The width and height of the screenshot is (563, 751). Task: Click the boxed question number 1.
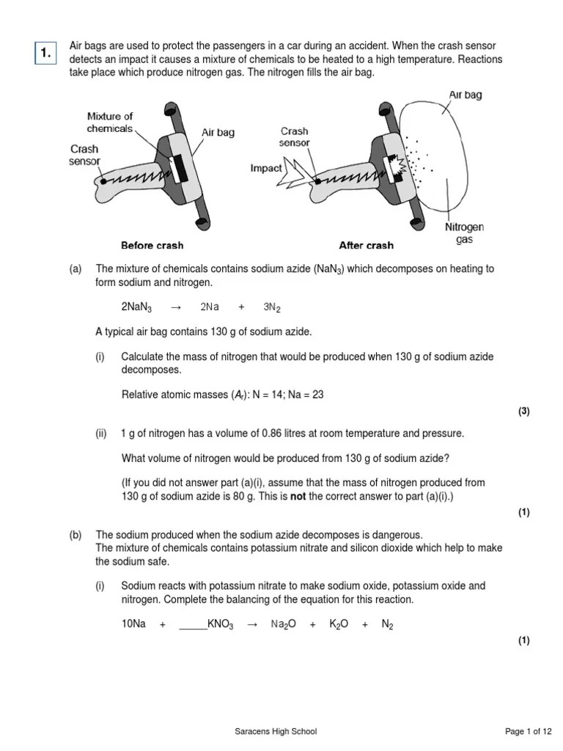tap(45, 52)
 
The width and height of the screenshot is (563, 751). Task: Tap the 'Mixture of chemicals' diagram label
tap(110, 122)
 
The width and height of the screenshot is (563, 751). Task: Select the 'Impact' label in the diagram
tap(265, 168)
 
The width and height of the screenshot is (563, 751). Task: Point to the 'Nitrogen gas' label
tap(464, 233)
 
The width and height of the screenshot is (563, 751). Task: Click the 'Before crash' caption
tap(152, 245)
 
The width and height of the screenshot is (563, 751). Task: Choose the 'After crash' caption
tap(366, 245)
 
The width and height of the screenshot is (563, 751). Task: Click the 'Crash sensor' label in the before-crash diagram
tap(84, 155)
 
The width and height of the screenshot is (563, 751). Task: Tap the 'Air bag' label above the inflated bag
tap(465, 95)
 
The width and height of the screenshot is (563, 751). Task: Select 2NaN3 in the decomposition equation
tap(136, 307)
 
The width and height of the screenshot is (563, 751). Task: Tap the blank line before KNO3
tap(193, 625)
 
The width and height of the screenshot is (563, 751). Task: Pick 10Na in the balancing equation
tap(133, 624)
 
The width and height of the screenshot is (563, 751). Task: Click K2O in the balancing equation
tap(339, 624)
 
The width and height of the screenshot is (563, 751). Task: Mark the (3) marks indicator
tap(523, 411)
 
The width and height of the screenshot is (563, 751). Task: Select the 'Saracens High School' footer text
tap(276, 732)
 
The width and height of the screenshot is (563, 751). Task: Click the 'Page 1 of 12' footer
tap(529, 732)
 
